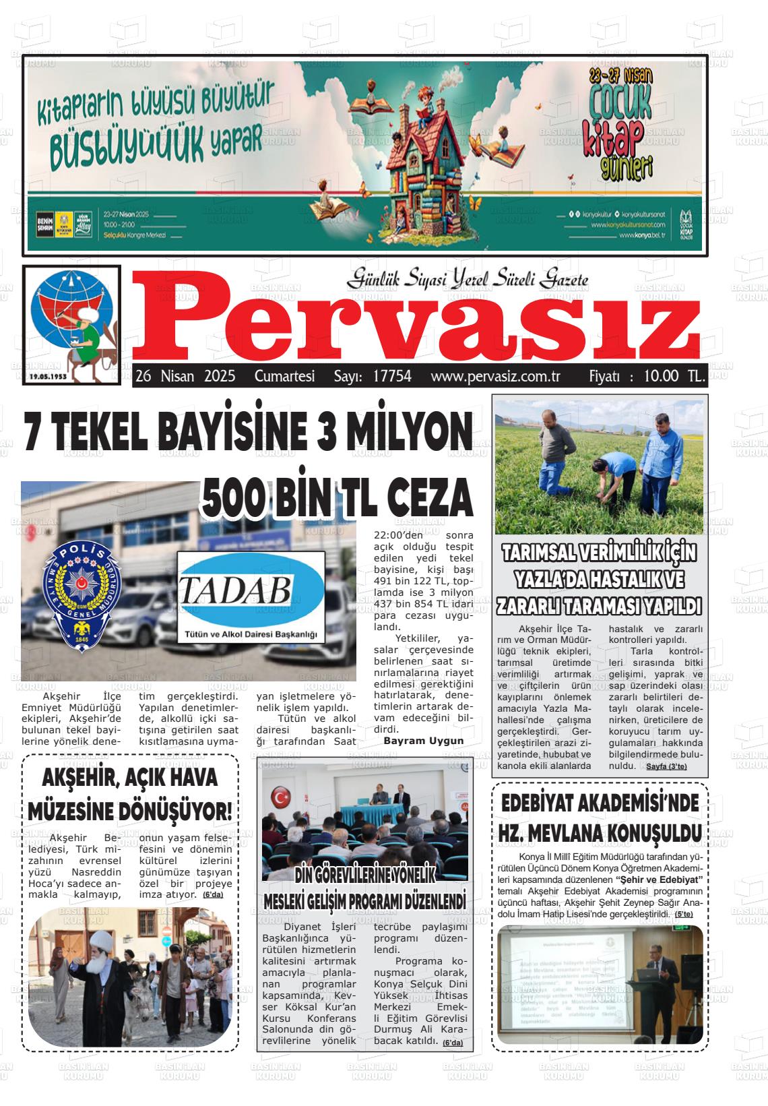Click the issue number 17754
pos(391,376)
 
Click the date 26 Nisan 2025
pos(185,376)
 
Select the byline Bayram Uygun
pos(423,741)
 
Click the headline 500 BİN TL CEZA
pos(337,499)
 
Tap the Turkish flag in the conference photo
pos(280,798)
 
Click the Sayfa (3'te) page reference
pos(666,767)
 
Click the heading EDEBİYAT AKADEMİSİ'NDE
pos(600,804)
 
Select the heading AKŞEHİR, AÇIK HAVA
pos(130,778)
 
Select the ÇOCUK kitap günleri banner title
pos(620,128)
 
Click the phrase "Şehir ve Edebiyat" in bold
pos(660,880)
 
